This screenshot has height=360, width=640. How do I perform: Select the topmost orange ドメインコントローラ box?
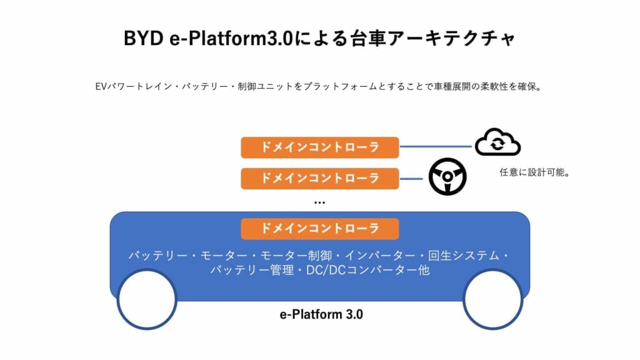(x=319, y=147)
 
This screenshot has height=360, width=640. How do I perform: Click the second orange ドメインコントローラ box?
(x=319, y=178)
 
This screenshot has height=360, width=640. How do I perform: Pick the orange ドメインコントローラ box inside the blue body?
(x=319, y=228)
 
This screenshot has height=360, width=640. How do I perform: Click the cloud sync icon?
(x=497, y=143)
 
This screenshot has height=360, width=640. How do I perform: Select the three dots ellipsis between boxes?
(x=319, y=202)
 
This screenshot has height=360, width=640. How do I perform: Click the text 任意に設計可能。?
(x=535, y=173)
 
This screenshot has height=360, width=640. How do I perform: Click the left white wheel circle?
(x=145, y=299)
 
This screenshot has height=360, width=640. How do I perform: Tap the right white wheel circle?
(x=493, y=299)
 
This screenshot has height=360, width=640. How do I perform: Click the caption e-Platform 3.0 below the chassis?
(x=321, y=314)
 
